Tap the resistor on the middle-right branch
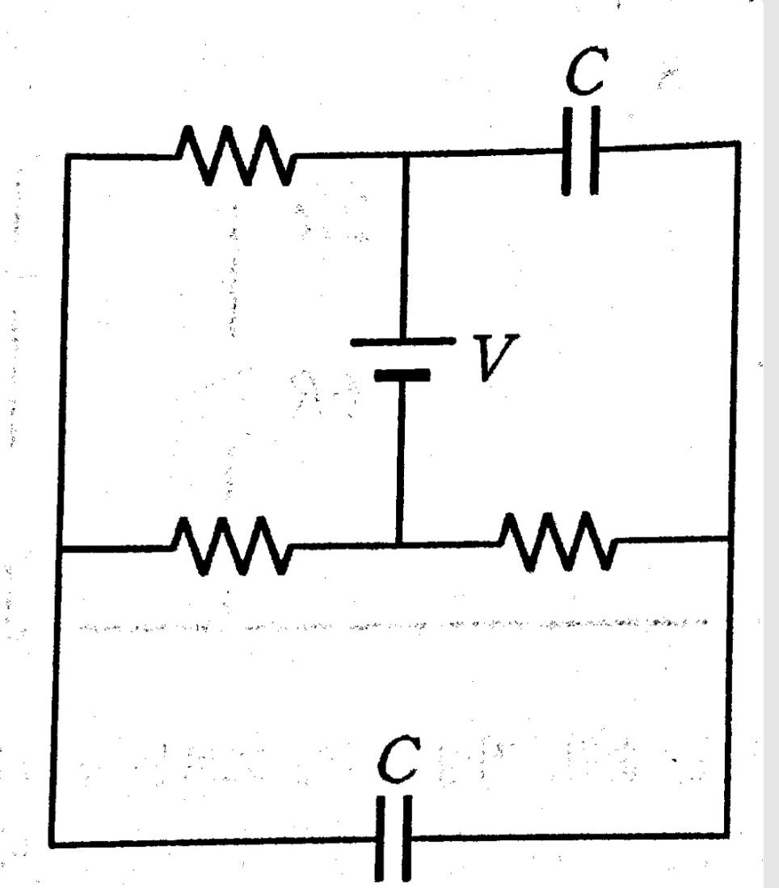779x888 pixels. [558, 541]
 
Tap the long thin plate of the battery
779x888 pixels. [402, 342]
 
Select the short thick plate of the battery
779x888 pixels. [402, 374]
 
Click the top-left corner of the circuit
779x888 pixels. [68, 156]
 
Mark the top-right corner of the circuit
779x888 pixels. [737, 144]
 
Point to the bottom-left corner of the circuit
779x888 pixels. [53, 844]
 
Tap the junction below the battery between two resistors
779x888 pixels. [399, 544]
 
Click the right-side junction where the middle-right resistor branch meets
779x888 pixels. [729, 537]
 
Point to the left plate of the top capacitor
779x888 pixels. [566, 150]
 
